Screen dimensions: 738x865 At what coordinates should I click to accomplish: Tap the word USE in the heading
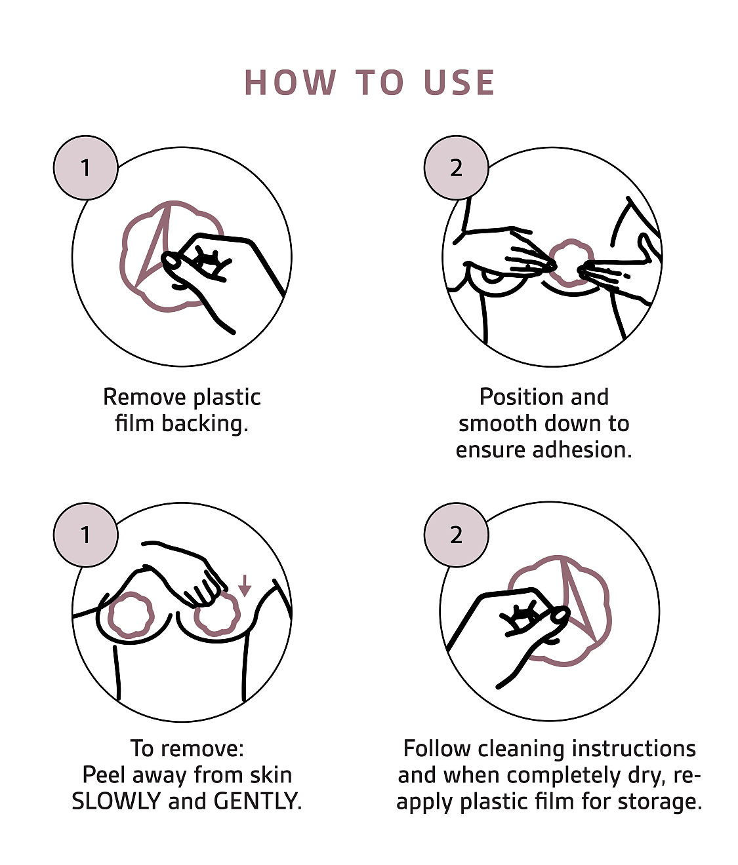click(x=459, y=83)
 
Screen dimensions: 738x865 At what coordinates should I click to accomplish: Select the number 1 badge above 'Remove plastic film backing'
click(x=85, y=168)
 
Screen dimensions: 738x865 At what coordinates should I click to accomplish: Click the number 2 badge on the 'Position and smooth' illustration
click(x=456, y=168)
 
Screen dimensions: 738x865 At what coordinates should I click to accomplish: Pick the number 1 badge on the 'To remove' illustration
click(x=85, y=535)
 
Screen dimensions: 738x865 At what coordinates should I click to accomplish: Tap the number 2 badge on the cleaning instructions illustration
click(x=456, y=535)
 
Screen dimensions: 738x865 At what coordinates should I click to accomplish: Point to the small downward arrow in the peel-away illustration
click(x=245, y=585)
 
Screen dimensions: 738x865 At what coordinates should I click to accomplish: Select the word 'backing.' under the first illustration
click(x=205, y=425)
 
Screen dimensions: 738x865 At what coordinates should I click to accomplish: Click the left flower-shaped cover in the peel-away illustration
click(x=131, y=615)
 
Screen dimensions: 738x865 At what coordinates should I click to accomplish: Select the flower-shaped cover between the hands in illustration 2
click(x=571, y=263)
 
